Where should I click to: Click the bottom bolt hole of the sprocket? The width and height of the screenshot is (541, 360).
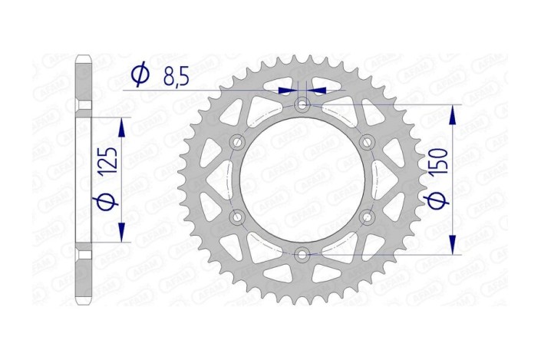(x=302, y=254)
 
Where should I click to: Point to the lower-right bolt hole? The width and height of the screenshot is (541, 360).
(x=367, y=216)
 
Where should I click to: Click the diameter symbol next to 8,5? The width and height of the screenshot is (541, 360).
(x=139, y=74)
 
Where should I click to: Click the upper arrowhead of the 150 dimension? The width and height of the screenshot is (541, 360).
(x=453, y=112)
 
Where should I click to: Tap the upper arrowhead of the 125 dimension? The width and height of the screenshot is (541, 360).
(x=120, y=125)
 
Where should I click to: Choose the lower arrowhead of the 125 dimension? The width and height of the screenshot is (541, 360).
(x=120, y=234)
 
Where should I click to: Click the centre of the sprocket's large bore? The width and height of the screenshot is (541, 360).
(x=302, y=179)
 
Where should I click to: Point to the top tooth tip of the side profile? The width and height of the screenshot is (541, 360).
(x=84, y=58)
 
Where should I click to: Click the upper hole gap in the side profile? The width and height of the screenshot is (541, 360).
(x=84, y=104)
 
